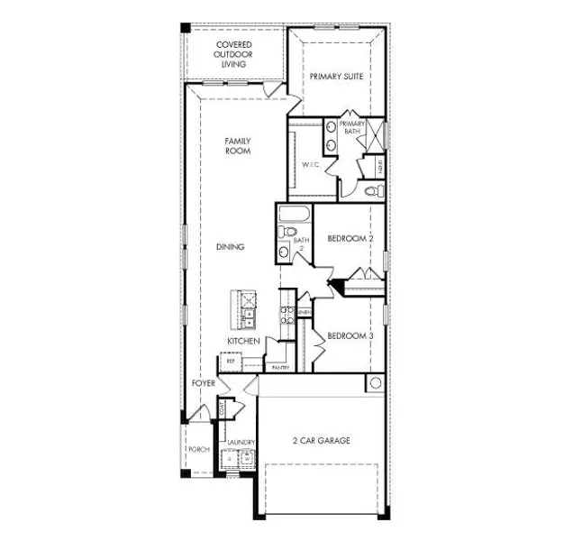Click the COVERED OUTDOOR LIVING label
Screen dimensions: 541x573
click(233, 54)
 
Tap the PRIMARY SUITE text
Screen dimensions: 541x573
click(336, 77)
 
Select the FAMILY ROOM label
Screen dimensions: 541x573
click(238, 146)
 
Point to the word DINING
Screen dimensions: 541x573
click(231, 246)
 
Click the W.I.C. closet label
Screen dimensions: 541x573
click(311, 165)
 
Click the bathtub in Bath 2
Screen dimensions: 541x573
click(295, 215)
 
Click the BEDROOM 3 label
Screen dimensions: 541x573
click(350, 335)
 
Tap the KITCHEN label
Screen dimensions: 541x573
click(243, 341)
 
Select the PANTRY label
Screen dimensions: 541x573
click(279, 368)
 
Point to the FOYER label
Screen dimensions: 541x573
click(204, 383)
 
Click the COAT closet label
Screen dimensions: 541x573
click(223, 408)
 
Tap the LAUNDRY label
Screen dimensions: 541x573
click(242, 442)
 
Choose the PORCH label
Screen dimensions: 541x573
click(197, 449)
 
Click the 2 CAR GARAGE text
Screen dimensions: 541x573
click(321, 441)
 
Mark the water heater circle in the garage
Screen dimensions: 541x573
click(375, 384)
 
